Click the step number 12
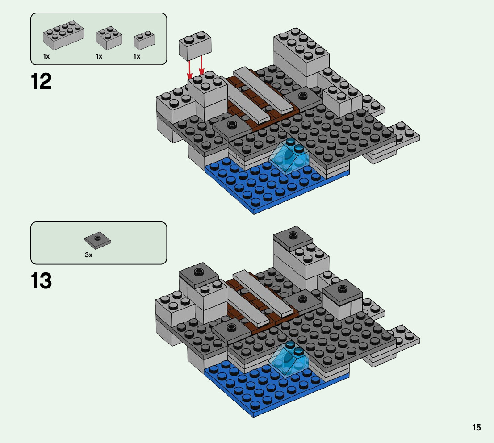tap(42, 82)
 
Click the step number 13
tap(42, 281)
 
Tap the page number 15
tap(477, 427)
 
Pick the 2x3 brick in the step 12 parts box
tap(109, 38)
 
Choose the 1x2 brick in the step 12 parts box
tap(144, 40)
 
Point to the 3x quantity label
tap(88, 255)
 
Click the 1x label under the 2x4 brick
tap(46, 56)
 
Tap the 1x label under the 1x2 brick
tap(137, 56)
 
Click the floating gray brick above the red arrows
tap(195, 46)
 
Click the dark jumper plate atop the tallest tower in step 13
tap(293, 237)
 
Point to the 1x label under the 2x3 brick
tap(99, 56)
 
